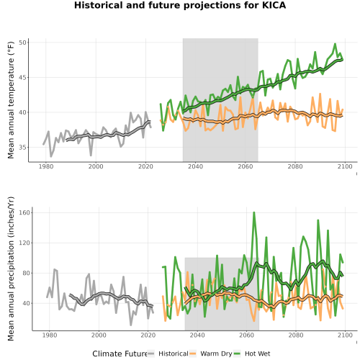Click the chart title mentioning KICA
click(x=180, y=5)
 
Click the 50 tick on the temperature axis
click(x=22, y=42)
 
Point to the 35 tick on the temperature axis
click(x=22, y=148)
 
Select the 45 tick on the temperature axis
click(x=22, y=78)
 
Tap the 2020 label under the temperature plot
click(x=145, y=166)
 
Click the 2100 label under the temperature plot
click(x=345, y=166)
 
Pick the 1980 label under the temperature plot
click(x=46, y=166)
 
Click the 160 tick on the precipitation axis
click(x=24, y=212)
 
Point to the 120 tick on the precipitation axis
click(x=24, y=243)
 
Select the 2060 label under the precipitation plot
click(x=246, y=335)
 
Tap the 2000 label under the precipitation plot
click(x=99, y=335)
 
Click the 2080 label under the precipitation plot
click(x=296, y=335)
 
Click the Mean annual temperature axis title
click(x=11, y=100)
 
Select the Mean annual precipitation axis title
click(x=11, y=269)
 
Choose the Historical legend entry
click(x=168, y=354)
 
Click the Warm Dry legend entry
click(x=211, y=354)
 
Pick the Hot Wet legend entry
click(x=252, y=354)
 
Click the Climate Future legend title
click(x=120, y=354)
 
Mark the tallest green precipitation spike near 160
click(x=254, y=212)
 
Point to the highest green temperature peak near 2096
click(x=335, y=44)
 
